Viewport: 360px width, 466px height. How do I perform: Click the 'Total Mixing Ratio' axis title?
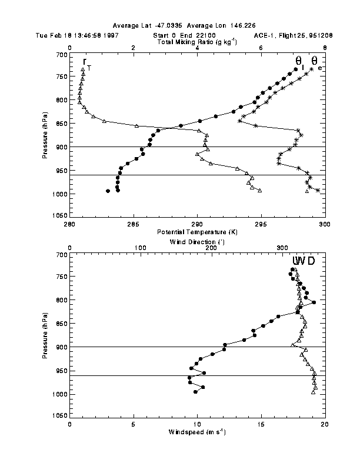coord(196,42)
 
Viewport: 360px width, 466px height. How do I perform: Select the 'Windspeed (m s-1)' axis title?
coord(196,432)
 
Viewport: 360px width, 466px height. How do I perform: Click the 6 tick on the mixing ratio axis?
coord(261,48)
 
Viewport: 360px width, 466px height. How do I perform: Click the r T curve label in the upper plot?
coord(86,62)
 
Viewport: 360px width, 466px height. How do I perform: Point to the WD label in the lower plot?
coord(304,261)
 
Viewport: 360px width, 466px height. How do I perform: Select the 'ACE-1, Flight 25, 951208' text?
coord(293,35)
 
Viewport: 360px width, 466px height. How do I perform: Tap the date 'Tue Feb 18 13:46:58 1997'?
coord(68,35)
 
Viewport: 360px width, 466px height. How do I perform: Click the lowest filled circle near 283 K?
coord(108,191)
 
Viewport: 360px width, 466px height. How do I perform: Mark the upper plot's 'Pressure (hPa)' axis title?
coord(45,135)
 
